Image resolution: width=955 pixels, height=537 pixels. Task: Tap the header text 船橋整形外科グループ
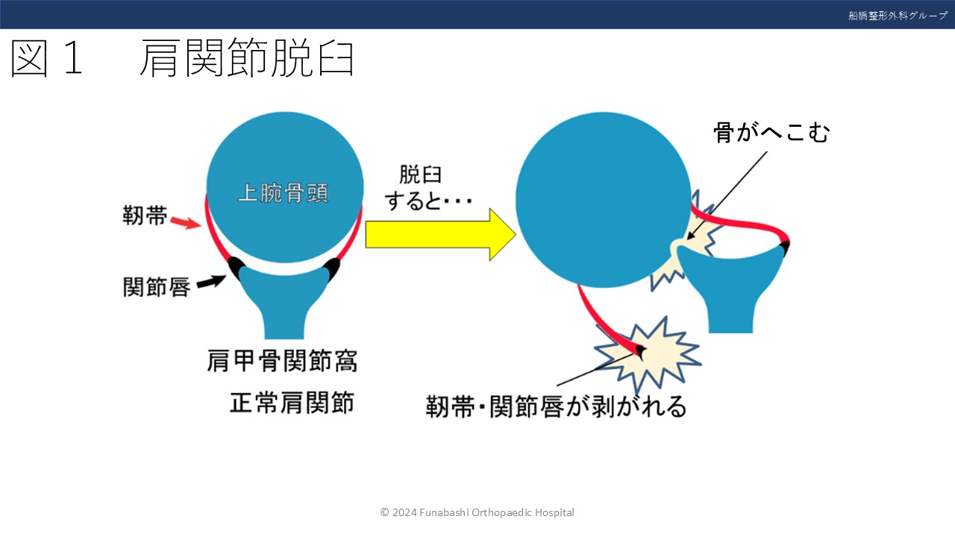coord(898,15)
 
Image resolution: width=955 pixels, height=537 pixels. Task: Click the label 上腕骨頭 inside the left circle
coord(283,193)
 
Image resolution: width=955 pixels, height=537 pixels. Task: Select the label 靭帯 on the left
coord(145,217)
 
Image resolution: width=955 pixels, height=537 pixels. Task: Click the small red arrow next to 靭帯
coord(186,222)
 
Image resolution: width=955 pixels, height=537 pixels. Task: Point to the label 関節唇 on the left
coord(156,286)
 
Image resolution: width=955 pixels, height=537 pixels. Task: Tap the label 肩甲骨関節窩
coord(282,361)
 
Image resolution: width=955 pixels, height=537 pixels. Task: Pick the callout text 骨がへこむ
coord(771,133)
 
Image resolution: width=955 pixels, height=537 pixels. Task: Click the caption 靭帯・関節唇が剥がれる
coord(556,406)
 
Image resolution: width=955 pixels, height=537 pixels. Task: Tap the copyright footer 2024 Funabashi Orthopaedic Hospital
coord(477,512)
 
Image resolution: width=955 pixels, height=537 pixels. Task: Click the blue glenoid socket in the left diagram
coord(284,298)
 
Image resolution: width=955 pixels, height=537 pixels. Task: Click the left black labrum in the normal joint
coord(236,265)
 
